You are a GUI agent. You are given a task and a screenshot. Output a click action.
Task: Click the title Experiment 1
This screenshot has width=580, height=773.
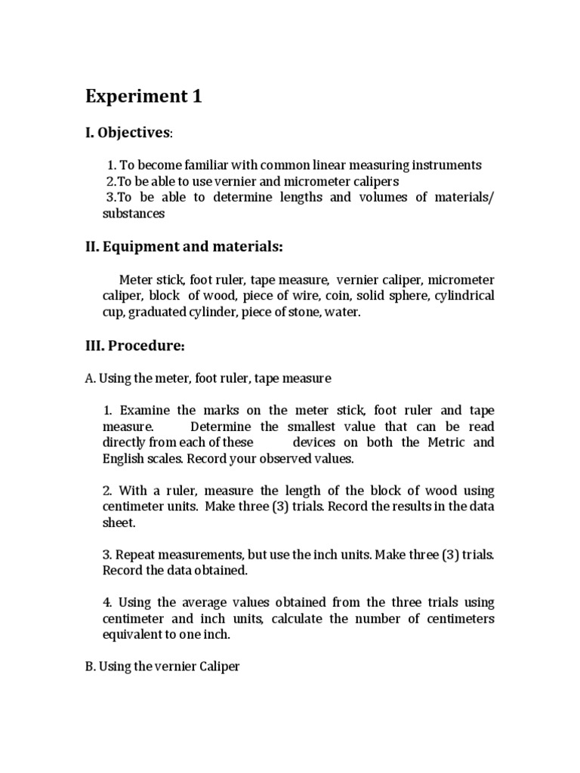[x=143, y=97]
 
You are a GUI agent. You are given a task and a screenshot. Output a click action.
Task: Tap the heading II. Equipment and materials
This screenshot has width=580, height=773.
[x=184, y=246]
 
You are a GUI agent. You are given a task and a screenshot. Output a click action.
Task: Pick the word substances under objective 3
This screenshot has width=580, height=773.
[x=133, y=214]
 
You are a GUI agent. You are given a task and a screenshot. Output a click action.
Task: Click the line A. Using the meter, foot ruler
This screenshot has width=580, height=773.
[x=208, y=377]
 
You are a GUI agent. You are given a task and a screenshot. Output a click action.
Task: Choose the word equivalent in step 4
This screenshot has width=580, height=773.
[x=134, y=635]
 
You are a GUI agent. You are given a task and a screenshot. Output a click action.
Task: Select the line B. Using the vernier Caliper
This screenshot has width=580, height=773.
[x=162, y=667]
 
